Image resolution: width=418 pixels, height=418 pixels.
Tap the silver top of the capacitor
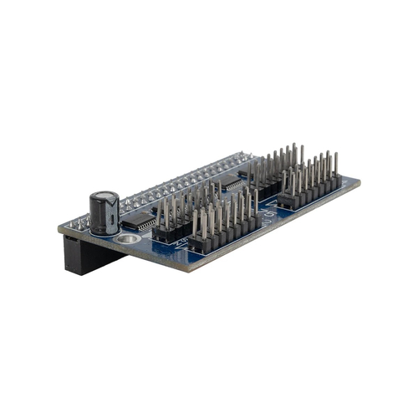[x=104, y=196]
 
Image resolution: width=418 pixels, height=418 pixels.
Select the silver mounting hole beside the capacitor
[x=128, y=240]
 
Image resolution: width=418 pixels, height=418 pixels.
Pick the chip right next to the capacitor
[x=138, y=221]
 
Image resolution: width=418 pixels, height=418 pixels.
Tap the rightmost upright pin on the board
[x=336, y=164]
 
